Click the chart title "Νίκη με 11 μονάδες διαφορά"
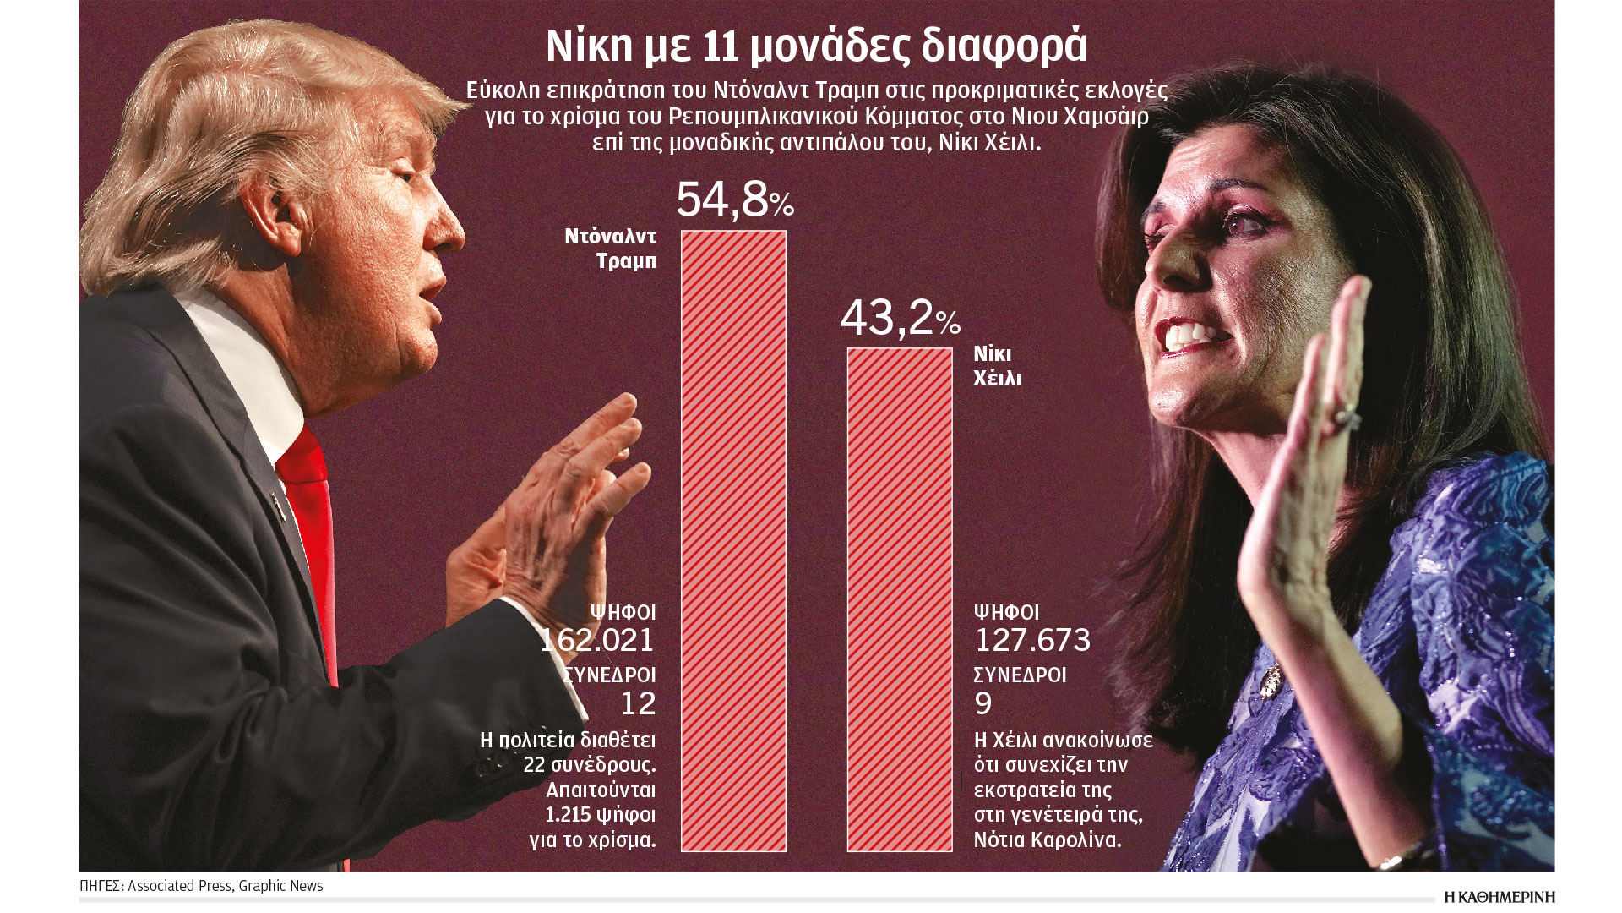pyautogui.click(x=816, y=47)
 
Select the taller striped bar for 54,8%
pyautogui.click(x=733, y=541)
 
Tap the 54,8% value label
pyautogui.click(x=734, y=200)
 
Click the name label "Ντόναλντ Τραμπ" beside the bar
pyautogui.click(x=610, y=249)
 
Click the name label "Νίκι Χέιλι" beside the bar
pyautogui.click(x=997, y=365)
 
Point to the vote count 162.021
pyautogui.click(x=598, y=640)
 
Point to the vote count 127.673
pyautogui.click(x=1032, y=640)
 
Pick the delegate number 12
pyautogui.click(x=638, y=703)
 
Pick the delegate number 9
pyautogui.click(x=983, y=703)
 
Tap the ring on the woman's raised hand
pyautogui.click(x=1346, y=417)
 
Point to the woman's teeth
pyautogui.click(x=1191, y=336)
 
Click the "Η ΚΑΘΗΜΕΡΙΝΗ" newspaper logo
pyautogui.click(x=1499, y=896)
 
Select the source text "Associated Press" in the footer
pyautogui.click(x=179, y=886)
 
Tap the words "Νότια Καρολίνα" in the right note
pyautogui.click(x=1048, y=840)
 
